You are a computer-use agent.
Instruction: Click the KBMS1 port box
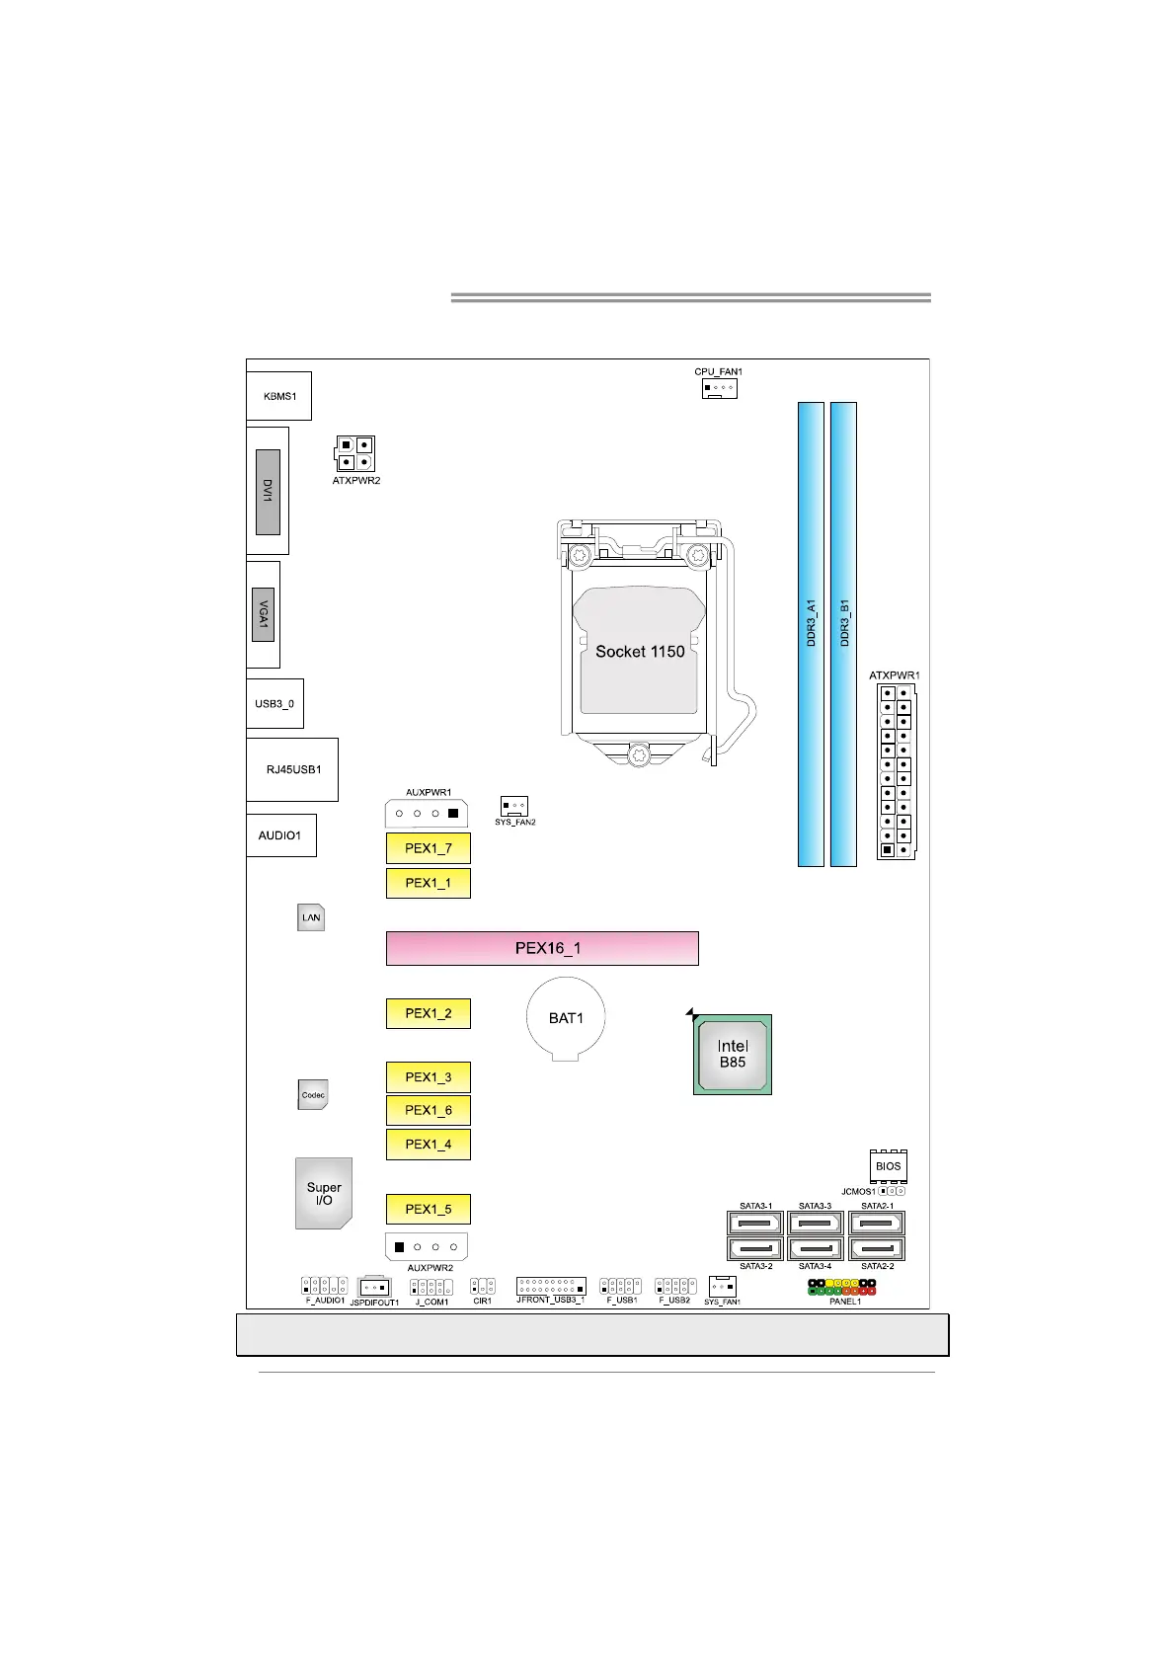coord(278,396)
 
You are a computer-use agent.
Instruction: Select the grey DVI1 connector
coord(268,492)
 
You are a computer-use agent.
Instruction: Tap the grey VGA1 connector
coord(263,614)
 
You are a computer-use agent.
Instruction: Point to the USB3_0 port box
coord(274,703)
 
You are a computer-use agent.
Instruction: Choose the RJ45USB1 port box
coord(292,769)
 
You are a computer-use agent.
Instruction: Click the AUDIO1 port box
coord(280,835)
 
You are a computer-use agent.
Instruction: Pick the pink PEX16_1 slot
coord(542,948)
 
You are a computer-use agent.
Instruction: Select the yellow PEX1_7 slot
coord(428,848)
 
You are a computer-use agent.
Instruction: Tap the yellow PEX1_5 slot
coord(428,1209)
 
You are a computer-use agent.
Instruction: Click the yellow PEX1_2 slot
coord(428,1013)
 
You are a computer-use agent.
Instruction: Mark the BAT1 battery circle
coord(566,1018)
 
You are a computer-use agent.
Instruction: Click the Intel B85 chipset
coord(733,1055)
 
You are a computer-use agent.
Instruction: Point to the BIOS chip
coord(888,1166)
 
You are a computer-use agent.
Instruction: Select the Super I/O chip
coord(324,1193)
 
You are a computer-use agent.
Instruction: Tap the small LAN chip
coord(311,917)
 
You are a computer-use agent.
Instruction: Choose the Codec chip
coord(313,1094)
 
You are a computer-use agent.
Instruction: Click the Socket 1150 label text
coord(640,652)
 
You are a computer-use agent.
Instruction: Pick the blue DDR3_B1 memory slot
coord(843,634)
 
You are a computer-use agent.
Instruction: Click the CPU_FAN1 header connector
coord(719,388)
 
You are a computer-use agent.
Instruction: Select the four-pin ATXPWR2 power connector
coord(354,453)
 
